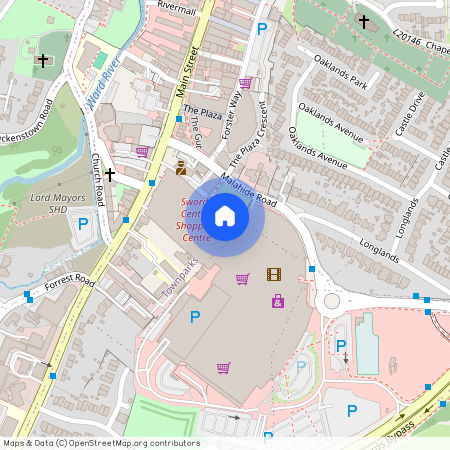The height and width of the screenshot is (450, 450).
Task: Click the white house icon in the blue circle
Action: [225, 215]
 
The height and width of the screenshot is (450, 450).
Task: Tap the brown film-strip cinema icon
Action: [274, 274]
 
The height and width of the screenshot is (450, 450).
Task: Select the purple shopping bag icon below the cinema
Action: [277, 300]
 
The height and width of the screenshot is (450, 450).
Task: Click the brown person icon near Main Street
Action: [180, 167]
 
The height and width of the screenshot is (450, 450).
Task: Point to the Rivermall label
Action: [177, 6]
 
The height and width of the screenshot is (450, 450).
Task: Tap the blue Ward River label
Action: [104, 77]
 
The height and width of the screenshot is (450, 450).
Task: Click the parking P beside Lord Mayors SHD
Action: [83, 225]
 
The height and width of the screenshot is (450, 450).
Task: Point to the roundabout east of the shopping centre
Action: [330, 299]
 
